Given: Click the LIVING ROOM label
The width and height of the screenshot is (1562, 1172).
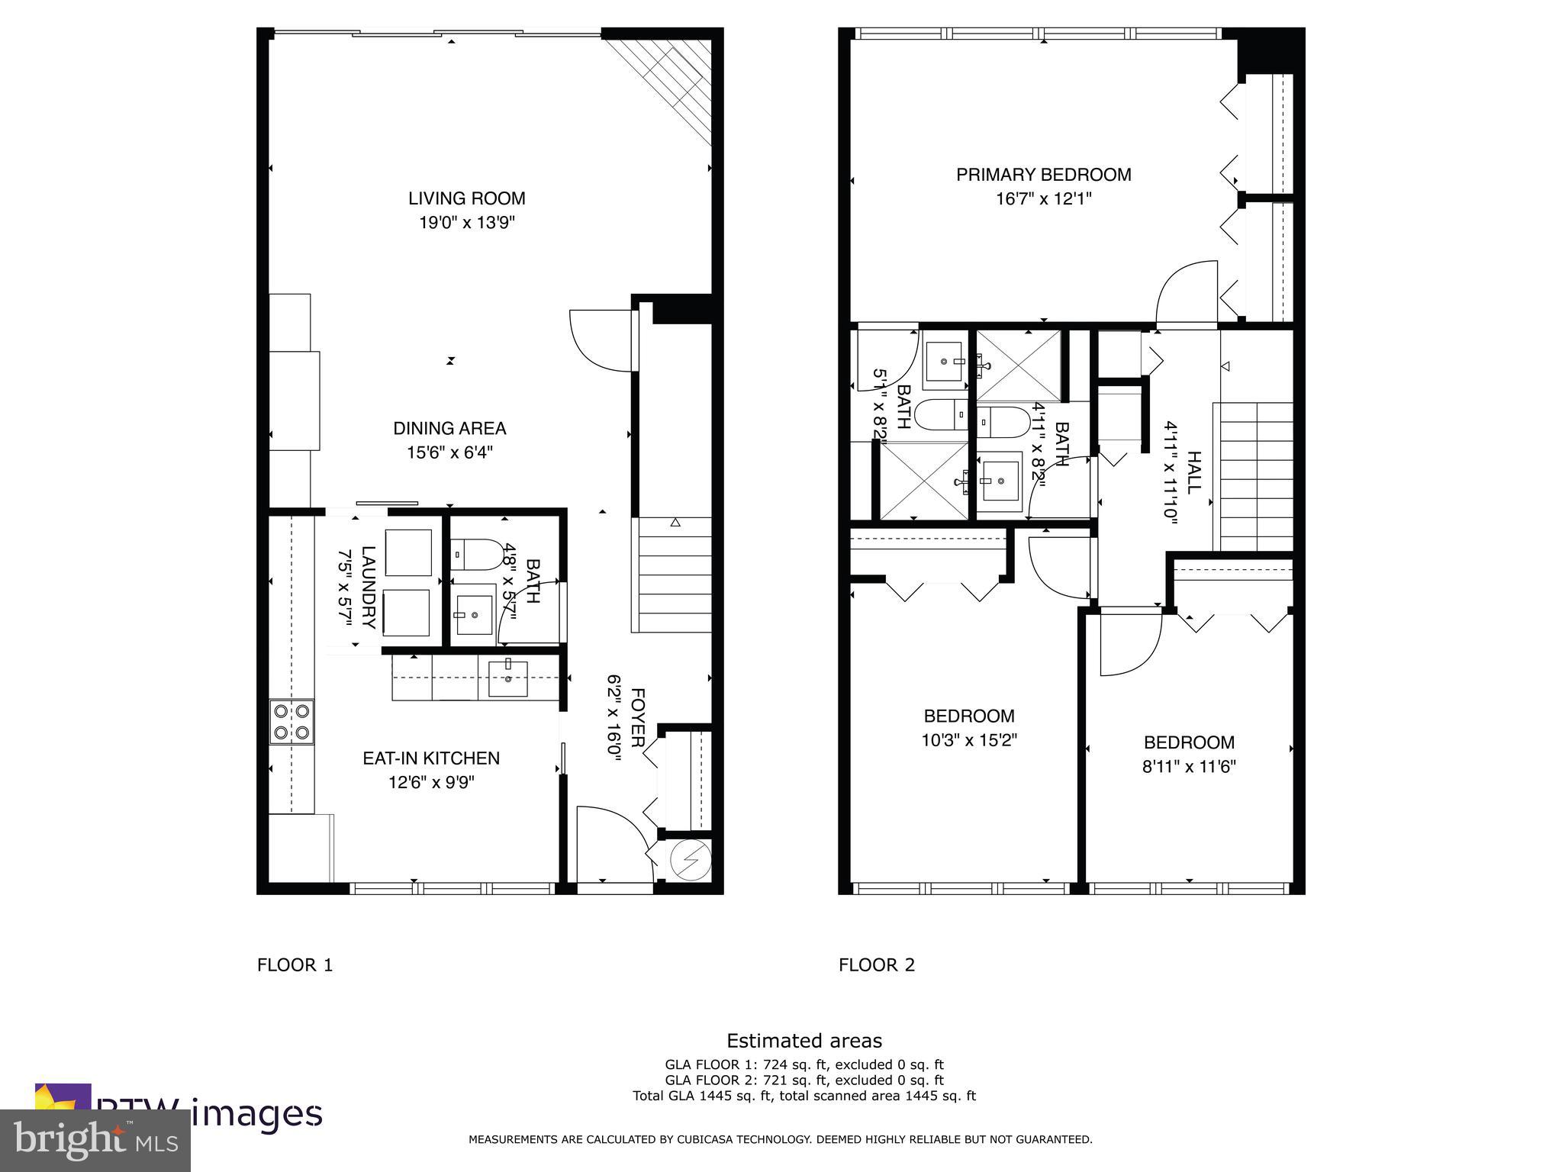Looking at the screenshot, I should click(x=466, y=198).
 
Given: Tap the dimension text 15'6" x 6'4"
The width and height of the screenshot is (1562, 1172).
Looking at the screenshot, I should click(x=449, y=452).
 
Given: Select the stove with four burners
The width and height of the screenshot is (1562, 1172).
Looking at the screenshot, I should click(x=291, y=722).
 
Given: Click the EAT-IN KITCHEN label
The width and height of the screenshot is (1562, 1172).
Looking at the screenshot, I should click(x=431, y=758).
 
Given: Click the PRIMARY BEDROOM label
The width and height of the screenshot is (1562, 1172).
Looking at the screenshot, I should click(x=1043, y=175).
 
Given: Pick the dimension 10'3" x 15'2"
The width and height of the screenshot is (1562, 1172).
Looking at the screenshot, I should click(x=969, y=740).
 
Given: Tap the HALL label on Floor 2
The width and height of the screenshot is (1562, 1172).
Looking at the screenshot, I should click(x=1193, y=473).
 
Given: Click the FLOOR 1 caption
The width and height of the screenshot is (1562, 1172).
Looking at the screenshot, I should click(x=295, y=964).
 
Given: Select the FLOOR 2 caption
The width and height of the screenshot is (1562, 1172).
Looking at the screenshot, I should click(x=876, y=964).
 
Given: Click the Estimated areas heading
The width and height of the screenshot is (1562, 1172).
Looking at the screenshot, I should click(x=804, y=1041).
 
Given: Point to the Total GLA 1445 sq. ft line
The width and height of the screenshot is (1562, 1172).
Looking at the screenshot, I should click(x=804, y=1096).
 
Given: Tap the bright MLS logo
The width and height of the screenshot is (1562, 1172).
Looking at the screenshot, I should click(x=95, y=1140).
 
